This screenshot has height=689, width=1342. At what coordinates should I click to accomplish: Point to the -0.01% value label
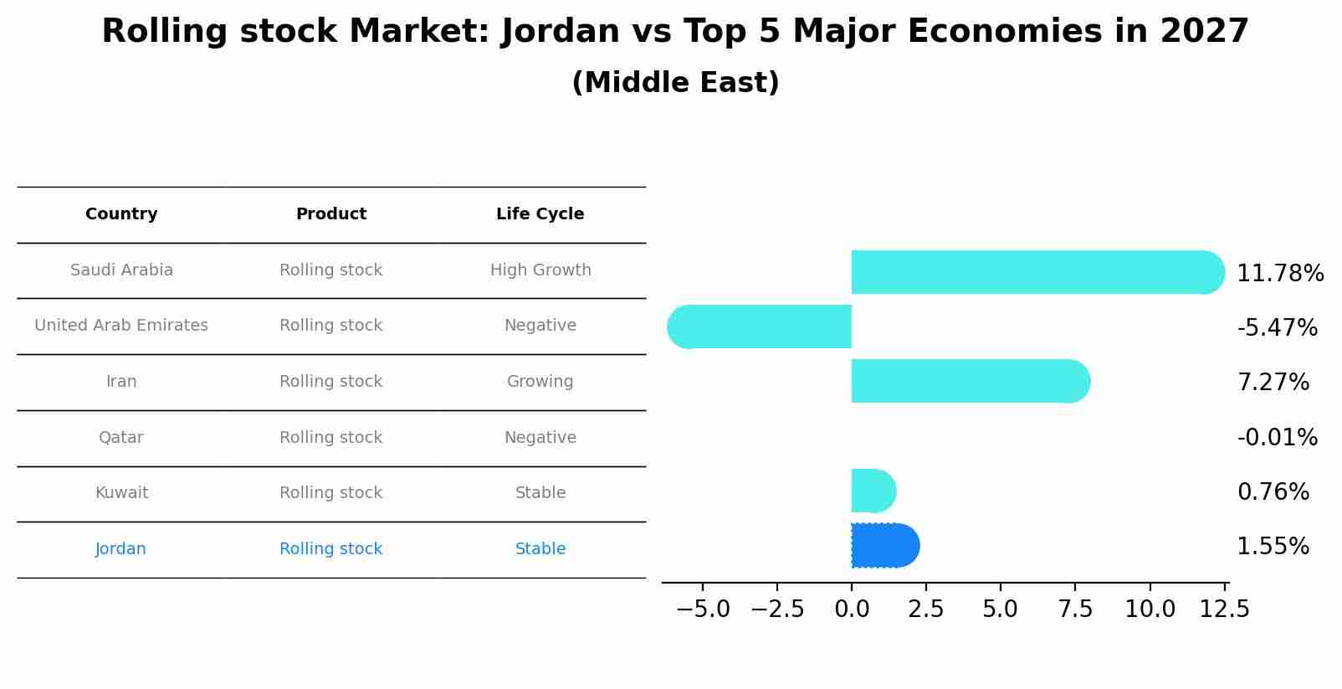point(1277,437)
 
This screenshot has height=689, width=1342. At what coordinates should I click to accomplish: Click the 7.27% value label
point(1273,383)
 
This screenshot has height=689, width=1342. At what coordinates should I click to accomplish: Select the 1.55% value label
point(1273,547)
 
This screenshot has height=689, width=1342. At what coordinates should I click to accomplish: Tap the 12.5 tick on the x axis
point(1225,609)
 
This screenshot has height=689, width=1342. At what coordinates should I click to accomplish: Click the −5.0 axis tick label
point(703,609)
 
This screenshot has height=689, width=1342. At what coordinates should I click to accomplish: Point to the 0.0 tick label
point(852,609)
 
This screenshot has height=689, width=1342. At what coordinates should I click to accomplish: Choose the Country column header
point(121,214)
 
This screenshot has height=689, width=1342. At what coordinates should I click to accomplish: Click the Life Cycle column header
point(540,214)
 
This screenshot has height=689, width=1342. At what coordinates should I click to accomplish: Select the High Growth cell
point(540,270)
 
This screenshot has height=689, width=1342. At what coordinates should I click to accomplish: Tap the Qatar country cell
point(121,438)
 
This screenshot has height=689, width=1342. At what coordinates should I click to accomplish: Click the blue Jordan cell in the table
point(121,549)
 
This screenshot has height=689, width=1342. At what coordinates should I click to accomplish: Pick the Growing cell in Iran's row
point(540,382)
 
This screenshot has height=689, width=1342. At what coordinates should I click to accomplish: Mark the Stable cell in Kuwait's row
point(540,493)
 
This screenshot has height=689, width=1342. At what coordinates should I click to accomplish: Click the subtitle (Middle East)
point(675,83)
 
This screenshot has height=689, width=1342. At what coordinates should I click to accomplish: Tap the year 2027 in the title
point(1204,32)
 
